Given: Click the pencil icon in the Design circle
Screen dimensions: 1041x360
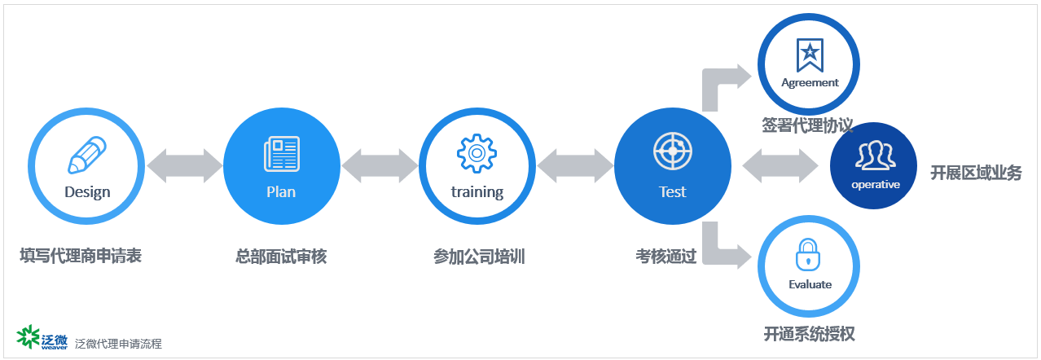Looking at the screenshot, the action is (87, 155).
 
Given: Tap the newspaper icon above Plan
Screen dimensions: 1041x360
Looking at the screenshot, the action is (282, 154).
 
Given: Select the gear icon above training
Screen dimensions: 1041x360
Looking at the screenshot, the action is (477, 153).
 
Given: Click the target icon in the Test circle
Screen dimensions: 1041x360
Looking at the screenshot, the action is (673, 151).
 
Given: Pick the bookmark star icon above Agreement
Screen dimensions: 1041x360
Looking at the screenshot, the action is (810, 55).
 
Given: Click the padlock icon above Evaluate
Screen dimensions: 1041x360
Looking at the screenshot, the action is (808, 255).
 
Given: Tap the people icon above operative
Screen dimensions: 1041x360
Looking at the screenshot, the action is (876, 155).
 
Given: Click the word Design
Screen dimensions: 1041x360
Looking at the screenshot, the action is (87, 192).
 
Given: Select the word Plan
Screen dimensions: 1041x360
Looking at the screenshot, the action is (281, 192).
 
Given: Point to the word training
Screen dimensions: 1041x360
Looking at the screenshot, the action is (477, 192).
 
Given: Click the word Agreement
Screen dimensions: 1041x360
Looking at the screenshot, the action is (810, 83).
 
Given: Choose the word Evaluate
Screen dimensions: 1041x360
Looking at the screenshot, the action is (810, 284).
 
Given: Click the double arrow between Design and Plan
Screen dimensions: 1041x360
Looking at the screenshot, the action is (185, 166).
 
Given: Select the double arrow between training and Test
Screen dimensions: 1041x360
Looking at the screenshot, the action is (575, 166).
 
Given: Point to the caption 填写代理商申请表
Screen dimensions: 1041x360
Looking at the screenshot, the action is (81, 256).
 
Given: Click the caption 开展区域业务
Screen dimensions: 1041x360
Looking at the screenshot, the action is (976, 173).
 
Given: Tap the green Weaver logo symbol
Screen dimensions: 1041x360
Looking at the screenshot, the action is (28, 336).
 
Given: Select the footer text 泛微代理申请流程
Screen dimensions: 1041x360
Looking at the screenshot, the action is (118, 344).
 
